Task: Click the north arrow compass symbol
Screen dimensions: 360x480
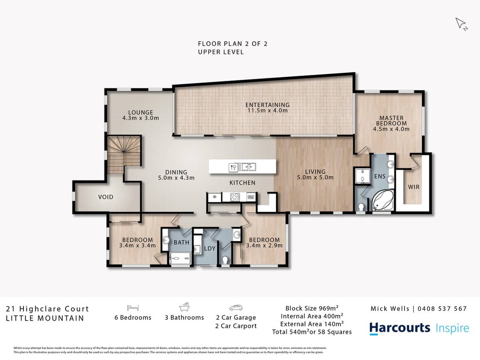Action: tap(461, 24)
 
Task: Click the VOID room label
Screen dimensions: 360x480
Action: tap(106, 197)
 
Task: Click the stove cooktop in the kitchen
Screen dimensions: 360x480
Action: tap(234, 197)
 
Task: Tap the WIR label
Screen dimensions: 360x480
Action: tap(413, 187)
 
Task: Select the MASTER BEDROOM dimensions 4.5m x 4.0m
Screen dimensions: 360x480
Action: tap(391, 129)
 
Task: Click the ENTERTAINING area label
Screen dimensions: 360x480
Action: tap(267, 105)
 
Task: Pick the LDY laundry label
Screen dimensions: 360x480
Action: tap(210, 248)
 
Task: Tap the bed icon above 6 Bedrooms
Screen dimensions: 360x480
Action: tap(132, 308)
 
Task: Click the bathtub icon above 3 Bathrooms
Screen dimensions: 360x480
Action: tap(184, 307)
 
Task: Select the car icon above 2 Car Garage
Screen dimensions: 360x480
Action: tap(236, 308)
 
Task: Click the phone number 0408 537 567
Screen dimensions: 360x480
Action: tap(442, 308)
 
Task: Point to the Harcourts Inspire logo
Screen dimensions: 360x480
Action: tap(419, 328)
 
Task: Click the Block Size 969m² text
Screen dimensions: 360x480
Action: tap(312, 308)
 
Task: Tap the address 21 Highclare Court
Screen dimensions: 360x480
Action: tap(47, 309)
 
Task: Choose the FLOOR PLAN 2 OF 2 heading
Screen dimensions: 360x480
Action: tap(232, 44)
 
